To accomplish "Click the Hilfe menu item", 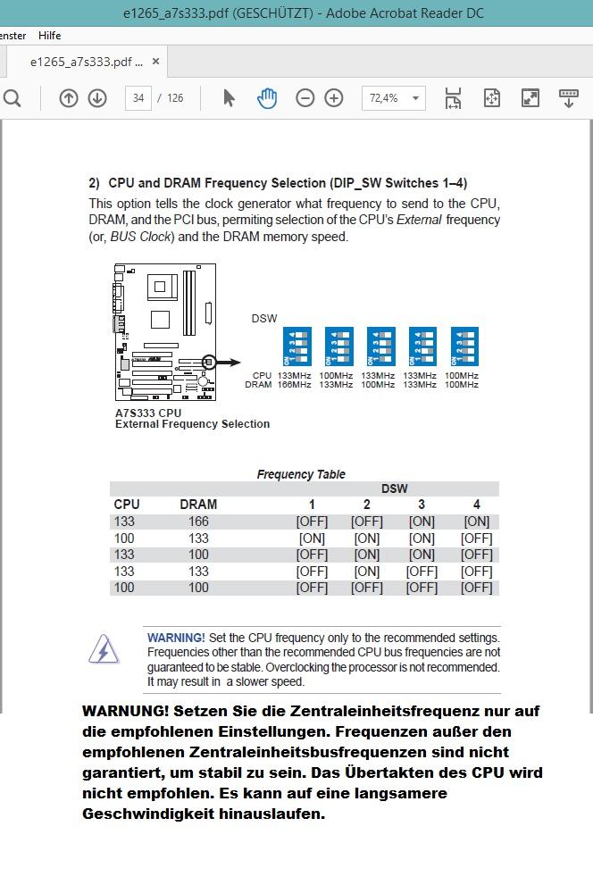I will point(49,35).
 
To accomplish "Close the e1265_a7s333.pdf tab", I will point(155,62).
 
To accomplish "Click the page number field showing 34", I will point(138,98).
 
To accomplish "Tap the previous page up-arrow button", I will point(69,98).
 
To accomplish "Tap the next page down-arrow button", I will point(97,98).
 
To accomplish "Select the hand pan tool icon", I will point(266,98).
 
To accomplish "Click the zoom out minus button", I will point(305,98).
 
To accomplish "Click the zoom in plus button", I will point(334,98).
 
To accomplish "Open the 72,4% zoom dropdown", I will point(393,98).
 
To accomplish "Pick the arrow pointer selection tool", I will point(229,98).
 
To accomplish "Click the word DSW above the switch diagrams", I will point(264,319).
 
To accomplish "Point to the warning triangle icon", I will point(104,649).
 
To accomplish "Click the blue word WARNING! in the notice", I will point(176,638).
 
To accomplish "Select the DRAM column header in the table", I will point(198,505).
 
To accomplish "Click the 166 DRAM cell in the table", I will point(198,522).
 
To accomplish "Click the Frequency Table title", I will point(301,474).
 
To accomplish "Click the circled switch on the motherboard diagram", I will point(209,362).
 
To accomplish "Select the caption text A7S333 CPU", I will point(148,413).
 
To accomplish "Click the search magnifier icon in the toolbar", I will point(13,98).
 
